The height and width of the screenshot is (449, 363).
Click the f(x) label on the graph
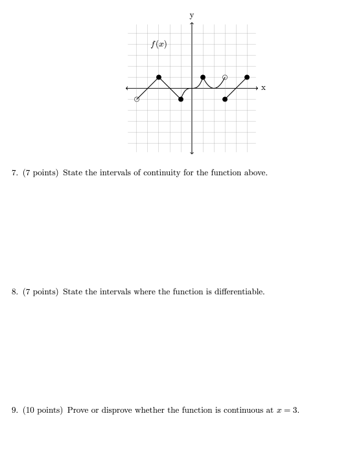point(159,44)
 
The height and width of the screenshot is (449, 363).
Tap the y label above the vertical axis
point(191,14)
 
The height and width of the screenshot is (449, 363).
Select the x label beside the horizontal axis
point(263,88)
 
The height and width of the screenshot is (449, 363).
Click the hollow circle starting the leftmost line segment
point(137,99)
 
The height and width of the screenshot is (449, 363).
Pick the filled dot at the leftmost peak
point(159,77)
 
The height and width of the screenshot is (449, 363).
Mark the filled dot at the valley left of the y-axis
point(181,99)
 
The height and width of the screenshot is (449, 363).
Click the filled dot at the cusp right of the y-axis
point(203,77)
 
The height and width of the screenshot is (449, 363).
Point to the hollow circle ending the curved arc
point(225,77)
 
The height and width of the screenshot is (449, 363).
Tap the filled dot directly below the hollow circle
point(225,99)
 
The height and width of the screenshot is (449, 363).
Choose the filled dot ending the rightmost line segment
point(247,77)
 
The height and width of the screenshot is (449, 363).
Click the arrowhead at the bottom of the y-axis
point(192,153)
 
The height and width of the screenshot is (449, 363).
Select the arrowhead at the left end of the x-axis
point(128,88)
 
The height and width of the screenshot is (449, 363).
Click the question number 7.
point(15,173)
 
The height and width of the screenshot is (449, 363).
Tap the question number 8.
point(15,292)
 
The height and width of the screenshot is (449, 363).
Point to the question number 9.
point(15,410)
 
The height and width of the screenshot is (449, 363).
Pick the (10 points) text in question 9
point(43,410)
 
